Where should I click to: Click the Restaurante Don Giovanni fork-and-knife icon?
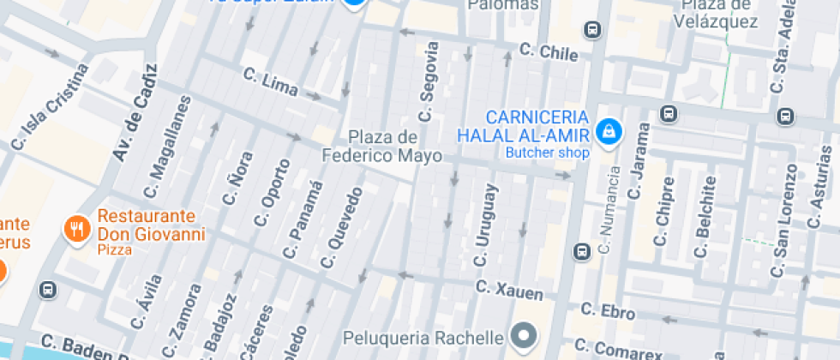pyautogui.click(x=78, y=228)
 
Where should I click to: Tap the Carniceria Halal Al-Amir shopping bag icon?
pyautogui.click(x=609, y=132)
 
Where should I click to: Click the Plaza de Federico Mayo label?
pyautogui.click(x=382, y=147)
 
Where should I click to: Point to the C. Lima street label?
pyautogui.click(x=271, y=83)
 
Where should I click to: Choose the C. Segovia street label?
pyautogui.click(x=429, y=82)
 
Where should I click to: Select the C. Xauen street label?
pyautogui.click(x=509, y=290)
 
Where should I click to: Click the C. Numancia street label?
pyautogui.click(x=609, y=210)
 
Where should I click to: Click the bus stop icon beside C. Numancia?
pyautogui.click(x=581, y=251)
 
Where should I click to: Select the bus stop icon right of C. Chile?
pyautogui.click(x=591, y=30)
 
